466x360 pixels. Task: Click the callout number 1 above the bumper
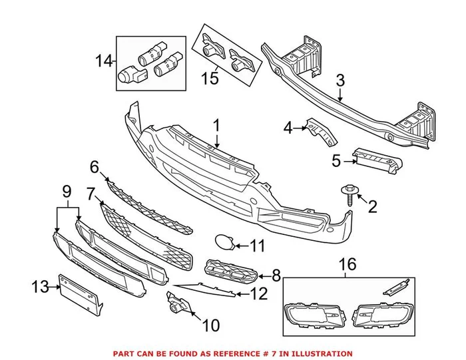[216, 124]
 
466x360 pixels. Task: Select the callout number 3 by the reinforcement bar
[340, 81]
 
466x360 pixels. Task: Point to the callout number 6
[94, 166]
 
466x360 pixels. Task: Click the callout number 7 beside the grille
[91, 194]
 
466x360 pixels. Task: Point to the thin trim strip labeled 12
[206, 289]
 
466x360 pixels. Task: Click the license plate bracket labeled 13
[79, 293]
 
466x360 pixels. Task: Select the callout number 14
[103, 62]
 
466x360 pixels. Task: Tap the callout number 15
[210, 79]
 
